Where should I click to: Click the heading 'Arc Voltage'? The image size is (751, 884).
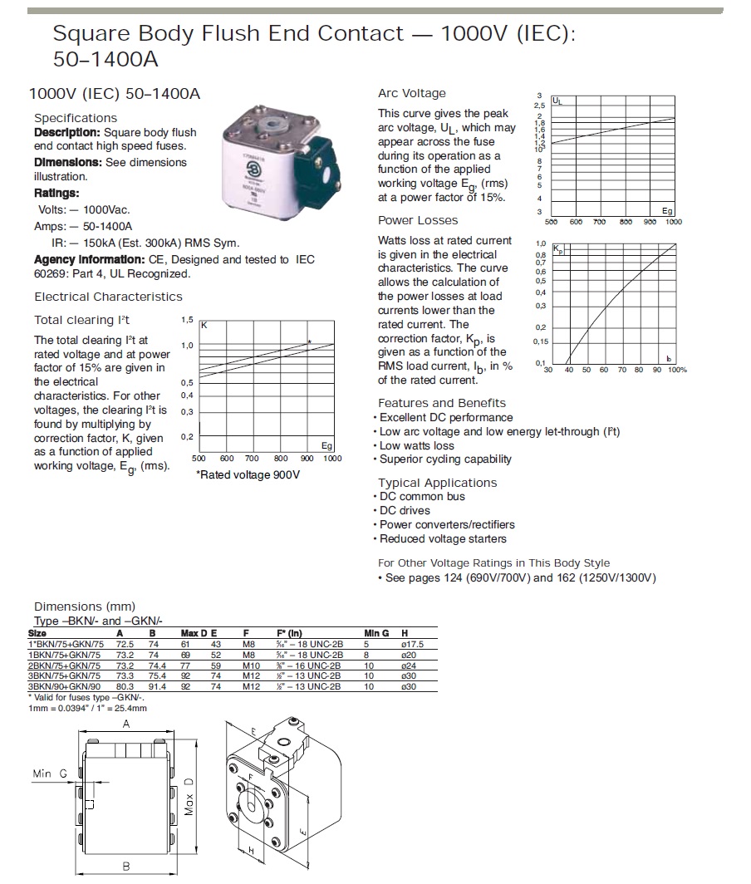point(411,93)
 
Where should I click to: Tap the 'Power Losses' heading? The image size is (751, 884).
point(418,220)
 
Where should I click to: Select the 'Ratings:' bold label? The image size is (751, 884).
point(56,194)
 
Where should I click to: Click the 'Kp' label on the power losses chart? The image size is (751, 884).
point(558,248)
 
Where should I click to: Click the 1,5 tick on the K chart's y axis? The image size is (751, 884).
point(187,320)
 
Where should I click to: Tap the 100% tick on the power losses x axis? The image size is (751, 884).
point(677,370)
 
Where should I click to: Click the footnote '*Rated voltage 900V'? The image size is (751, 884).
point(248,474)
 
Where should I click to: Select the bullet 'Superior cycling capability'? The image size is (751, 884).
point(445,459)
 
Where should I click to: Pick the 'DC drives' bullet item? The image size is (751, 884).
point(405,510)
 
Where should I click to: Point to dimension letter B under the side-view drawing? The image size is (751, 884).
point(126,866)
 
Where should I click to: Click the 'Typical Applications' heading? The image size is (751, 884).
point(437,483)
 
